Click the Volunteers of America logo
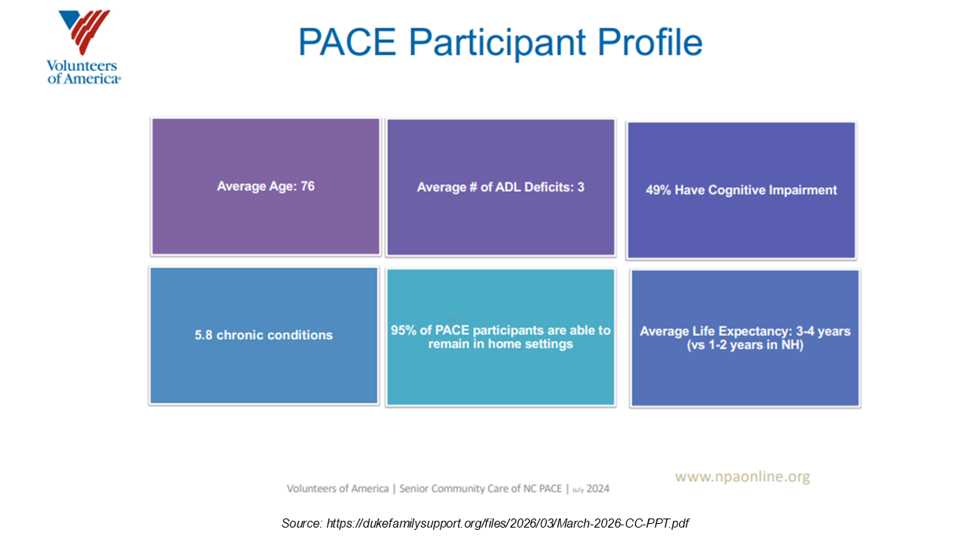tap(84, 47)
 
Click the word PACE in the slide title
tap(347, 42)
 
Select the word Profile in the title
tap(650, 42)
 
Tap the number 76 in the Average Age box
tap(307, 186)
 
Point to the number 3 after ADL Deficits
tap(581, 187)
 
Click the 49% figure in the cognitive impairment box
tap(659, 190)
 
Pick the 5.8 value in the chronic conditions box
tap(204, 335)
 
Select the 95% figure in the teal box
tap(403, 330)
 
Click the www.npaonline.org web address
tap(743, 476)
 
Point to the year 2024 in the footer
tap(598, 488)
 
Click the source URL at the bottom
tap(507, 523)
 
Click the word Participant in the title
tap(497, 43)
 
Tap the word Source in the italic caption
tap(301, 523)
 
